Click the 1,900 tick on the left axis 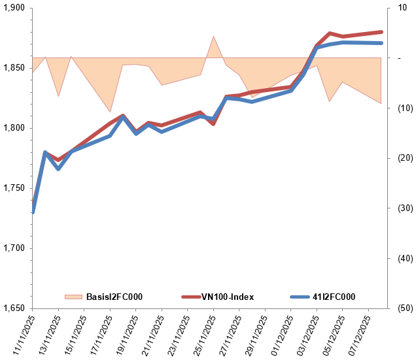(x=14, y=8)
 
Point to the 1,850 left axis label (x=14, y=68)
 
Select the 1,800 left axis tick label (x=14, y=128)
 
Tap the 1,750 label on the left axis (x=14, y=188)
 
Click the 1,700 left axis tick (x=14, y=248)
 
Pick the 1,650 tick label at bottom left (x=14, y=308)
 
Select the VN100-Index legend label (x=226, y=297)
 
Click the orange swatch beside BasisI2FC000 (x=74, y=297)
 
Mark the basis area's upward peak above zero (x=213, y=37)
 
